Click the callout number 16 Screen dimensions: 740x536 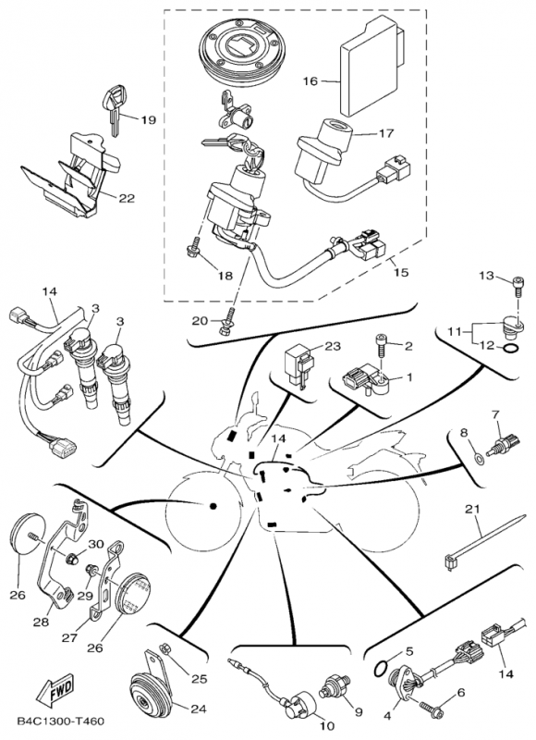point(310,81)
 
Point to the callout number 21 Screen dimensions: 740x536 point(474,509)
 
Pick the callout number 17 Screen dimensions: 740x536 point(384,132)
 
